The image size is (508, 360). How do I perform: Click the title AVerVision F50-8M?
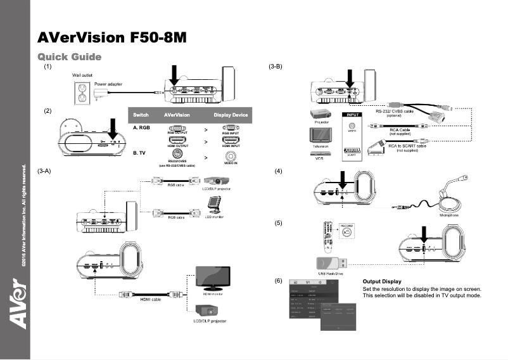point(112,37)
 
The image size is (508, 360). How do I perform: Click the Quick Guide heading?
point(70,57)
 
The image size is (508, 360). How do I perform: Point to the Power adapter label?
point(108,84)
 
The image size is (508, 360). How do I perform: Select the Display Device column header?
point(231,115)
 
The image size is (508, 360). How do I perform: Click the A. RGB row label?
point(141,127)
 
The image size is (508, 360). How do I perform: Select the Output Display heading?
point(381,281)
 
